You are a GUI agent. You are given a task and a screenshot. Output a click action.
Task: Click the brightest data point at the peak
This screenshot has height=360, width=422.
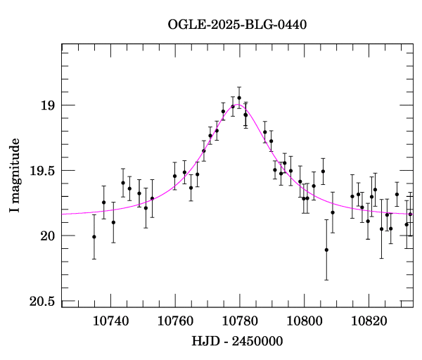point(239,98)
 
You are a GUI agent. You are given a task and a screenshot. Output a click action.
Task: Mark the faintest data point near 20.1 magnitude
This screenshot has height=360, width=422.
point(326,250)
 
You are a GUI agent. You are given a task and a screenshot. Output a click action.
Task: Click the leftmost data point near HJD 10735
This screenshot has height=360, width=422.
point(94,237)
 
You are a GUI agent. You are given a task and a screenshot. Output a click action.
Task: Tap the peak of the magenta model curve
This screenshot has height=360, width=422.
point(238,105)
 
